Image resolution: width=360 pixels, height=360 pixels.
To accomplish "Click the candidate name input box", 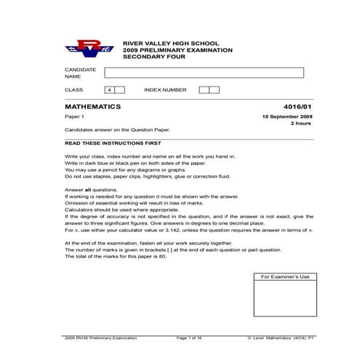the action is pos(204,72).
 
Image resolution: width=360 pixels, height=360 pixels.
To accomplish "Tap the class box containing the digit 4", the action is pos(109,89).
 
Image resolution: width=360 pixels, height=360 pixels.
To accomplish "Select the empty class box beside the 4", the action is pos(120,89).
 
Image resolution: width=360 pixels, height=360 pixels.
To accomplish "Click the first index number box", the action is pos(204,89).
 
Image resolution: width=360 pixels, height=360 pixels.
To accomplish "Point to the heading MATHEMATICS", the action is pos(92,106).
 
